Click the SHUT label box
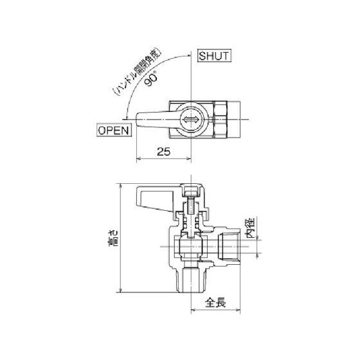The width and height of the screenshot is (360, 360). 214,56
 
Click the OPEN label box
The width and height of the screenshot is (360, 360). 114,130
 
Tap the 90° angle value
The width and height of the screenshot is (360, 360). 152,78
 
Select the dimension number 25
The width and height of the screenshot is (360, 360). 163,152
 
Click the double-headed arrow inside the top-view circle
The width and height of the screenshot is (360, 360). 191,120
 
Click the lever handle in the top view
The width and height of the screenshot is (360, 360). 157,120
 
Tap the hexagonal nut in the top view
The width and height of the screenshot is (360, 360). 221,120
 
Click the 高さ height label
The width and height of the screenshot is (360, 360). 113,238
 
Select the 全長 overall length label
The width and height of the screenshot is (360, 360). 215,302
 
